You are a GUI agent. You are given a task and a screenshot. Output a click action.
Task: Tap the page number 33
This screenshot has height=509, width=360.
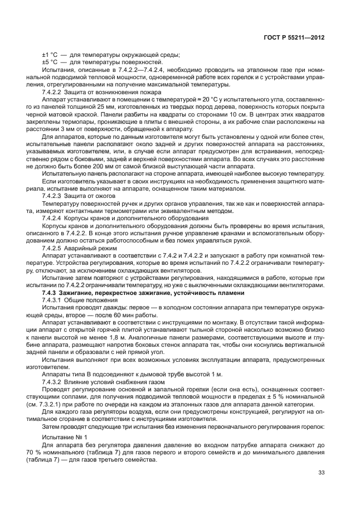point(322,473)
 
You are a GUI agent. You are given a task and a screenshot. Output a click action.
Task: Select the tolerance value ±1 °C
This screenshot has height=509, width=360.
point(50,55)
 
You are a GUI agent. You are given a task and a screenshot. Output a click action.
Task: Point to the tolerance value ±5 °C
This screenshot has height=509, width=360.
point(50,62)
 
